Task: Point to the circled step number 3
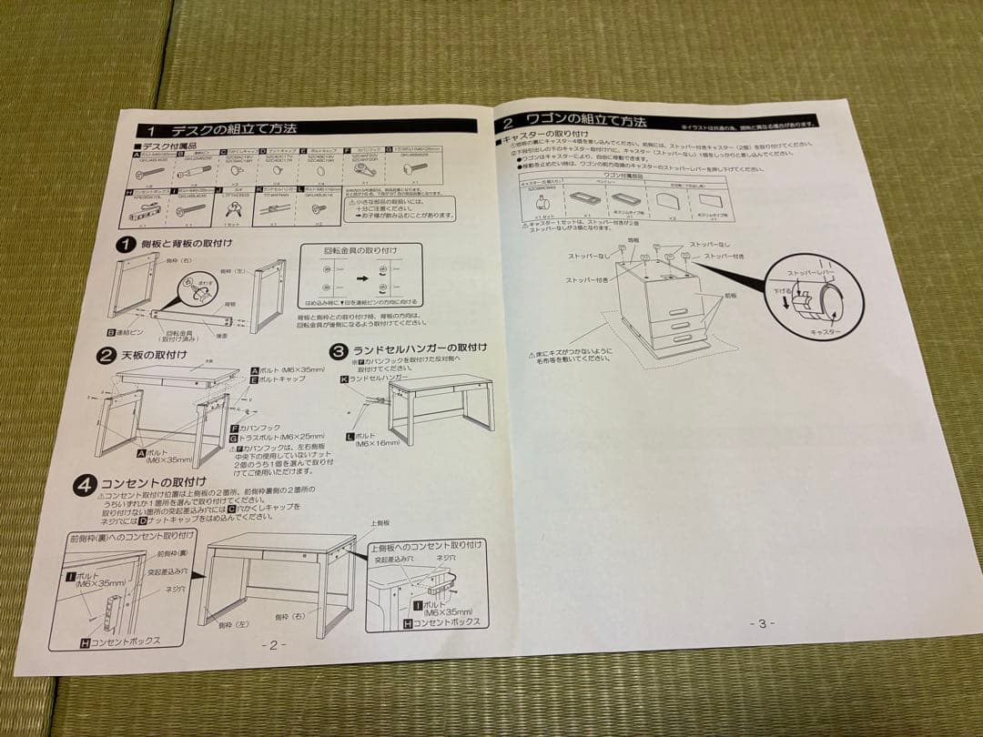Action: [338, 350]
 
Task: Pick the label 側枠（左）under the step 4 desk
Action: [230, 625]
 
